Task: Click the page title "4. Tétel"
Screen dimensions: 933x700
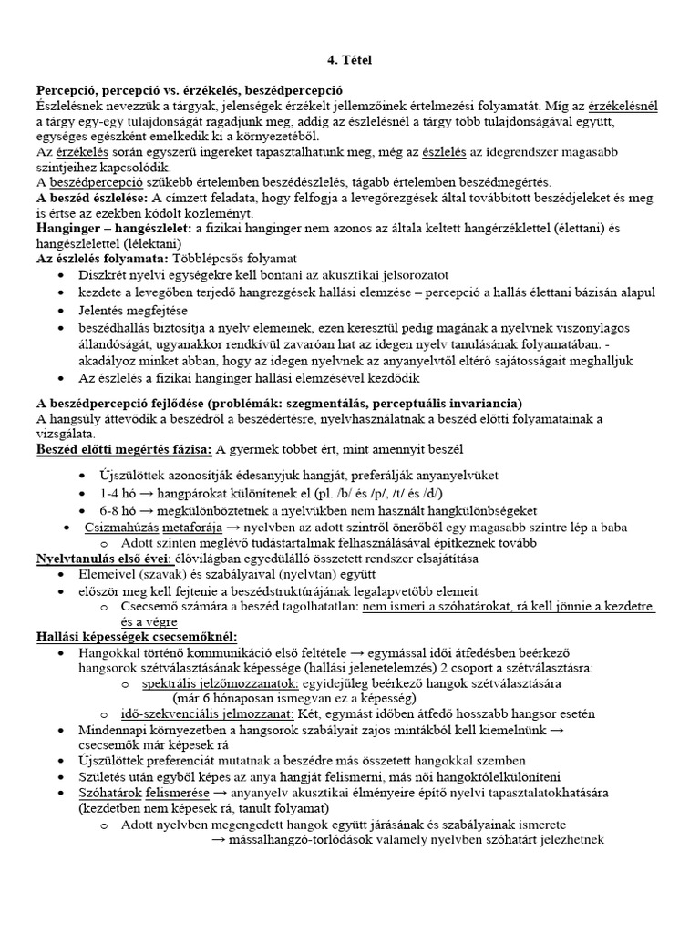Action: tap(350, 60)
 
